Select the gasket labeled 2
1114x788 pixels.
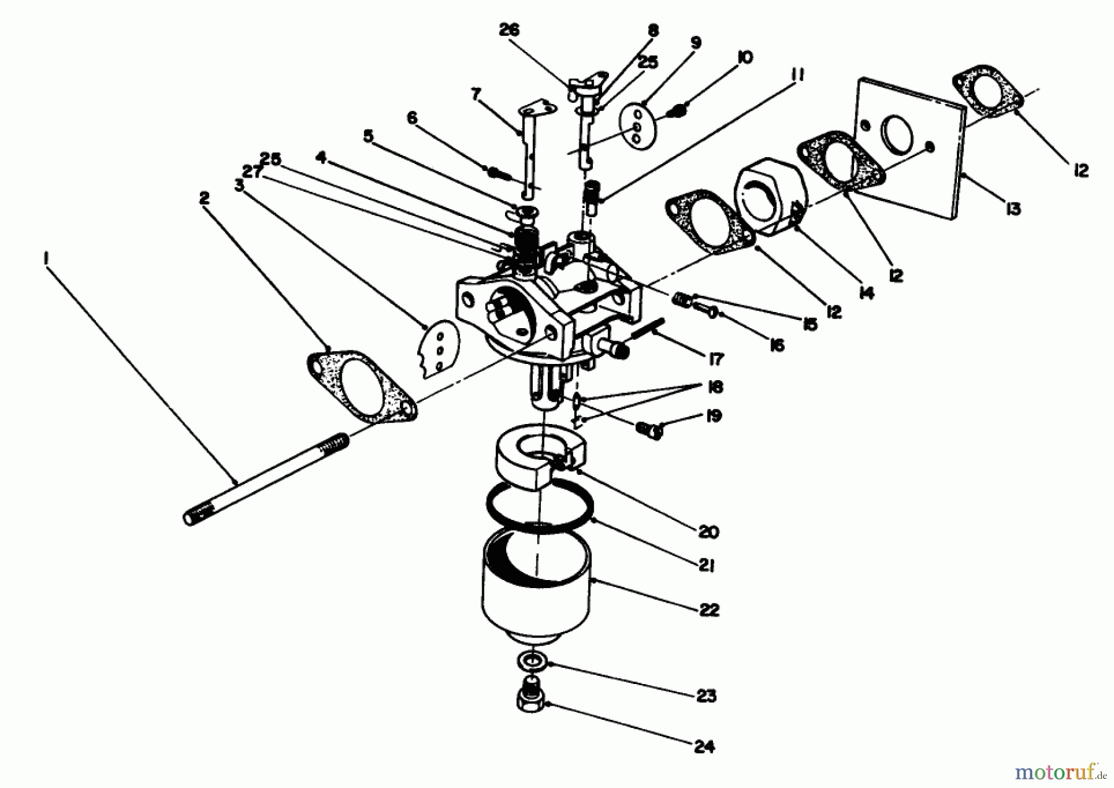click(x=360, y=389)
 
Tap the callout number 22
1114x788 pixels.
click(x=709, y=610)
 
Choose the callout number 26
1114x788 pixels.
click(x=509, y=30)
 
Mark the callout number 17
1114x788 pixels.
click(x=716, y=358)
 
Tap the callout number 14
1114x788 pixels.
click(x=866, y=293)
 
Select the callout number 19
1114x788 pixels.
click(x=714, y=415)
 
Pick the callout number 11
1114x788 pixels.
click(x=797, y=76)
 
